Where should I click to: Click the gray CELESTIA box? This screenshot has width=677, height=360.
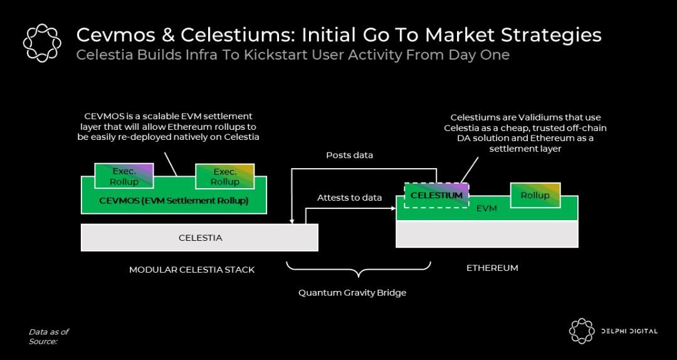coord(200,238)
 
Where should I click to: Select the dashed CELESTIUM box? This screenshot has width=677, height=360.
coord(436,195)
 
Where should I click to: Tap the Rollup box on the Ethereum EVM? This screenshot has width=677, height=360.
coord(535,195)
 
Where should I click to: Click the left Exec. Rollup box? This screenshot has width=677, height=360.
coord(124,176)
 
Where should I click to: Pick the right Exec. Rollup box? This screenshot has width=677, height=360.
coord(224,176)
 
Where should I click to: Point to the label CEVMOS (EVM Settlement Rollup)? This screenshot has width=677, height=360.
coord(174,201)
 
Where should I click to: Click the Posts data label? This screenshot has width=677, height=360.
coord(349,155)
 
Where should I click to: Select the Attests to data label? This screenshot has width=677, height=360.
coord(349,198)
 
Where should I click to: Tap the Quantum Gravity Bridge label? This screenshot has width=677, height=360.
coord(352,293)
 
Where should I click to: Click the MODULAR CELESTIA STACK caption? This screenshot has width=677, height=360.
coord(192,270)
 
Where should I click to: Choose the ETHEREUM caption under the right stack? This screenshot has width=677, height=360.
coord(492,268)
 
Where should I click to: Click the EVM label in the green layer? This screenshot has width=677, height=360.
coord(486,208)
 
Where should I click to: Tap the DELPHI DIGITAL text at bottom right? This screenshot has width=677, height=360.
coord(627,331)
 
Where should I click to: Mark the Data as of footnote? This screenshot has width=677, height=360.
coord(48,331)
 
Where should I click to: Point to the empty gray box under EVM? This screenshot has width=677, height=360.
coord(487,234)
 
